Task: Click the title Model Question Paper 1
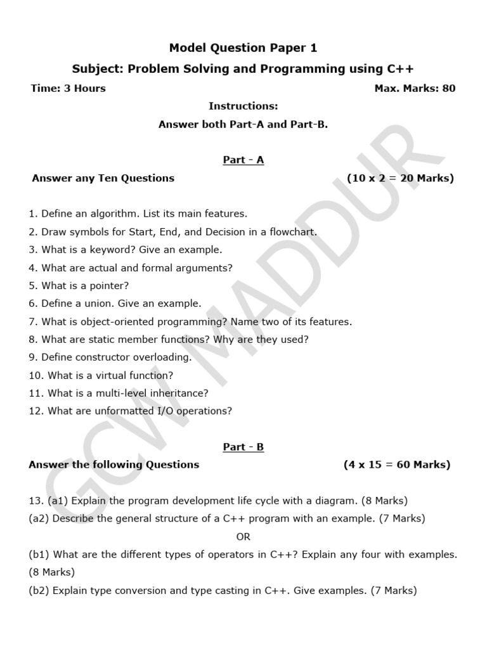(243, 48)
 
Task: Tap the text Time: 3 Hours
(68, 88)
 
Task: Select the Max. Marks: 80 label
(415, 88)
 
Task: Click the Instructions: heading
(243, 106)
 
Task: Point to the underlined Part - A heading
(243, 160)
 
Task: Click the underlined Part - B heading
(243, 447)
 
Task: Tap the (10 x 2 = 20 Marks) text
(400, 178)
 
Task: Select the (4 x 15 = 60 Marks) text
(397, 465)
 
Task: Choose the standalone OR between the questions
(243, 537)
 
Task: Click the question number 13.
(35, 501)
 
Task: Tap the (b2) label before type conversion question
(39, 591)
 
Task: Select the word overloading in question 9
(160, 357)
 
